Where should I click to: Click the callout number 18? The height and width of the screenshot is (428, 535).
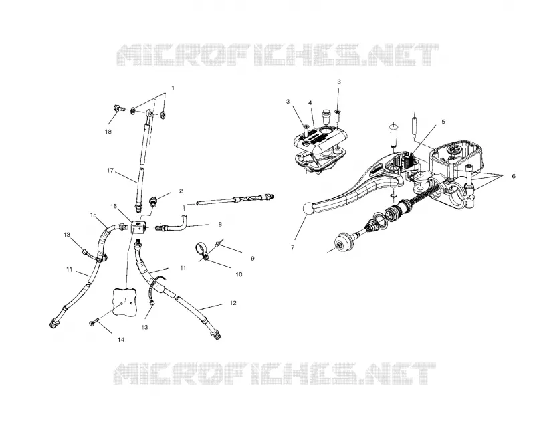click(108, 132)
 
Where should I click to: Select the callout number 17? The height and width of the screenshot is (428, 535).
click(110, 170)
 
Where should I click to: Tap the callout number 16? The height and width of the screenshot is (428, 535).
click(114, 206)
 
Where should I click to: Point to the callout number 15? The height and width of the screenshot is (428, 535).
click(94, 215)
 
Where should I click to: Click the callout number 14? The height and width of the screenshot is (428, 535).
click(121, 340)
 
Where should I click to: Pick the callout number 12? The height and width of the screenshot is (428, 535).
click(233, 303)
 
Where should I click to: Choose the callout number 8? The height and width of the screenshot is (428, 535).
click(220, 225)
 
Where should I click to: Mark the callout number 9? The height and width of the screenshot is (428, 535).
click(253, 259)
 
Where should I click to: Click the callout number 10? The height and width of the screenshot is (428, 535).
click(239, 274)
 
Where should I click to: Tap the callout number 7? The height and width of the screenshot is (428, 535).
click(292, 248)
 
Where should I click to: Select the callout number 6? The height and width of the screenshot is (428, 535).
click(514, 176)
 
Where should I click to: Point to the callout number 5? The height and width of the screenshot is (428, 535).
click(443, 122)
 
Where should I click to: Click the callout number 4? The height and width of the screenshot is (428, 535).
click(310, 103)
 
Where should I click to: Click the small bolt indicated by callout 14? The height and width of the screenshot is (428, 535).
click(94, 322)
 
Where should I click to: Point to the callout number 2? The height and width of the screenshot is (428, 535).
click(181, 191)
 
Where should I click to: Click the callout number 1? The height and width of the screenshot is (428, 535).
click(173, 88)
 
